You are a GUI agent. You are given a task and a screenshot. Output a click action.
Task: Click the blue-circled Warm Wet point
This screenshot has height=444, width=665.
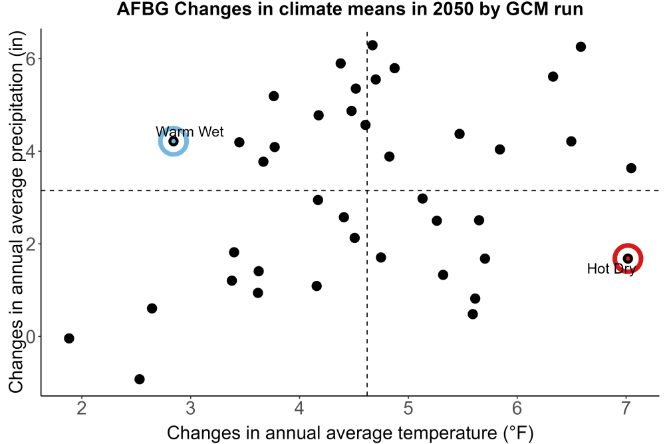pos(174,141)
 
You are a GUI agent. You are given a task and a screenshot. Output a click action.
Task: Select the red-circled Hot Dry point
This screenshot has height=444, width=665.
pos(628,258)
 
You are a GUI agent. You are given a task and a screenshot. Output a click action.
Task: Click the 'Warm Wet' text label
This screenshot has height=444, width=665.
pos(190,132)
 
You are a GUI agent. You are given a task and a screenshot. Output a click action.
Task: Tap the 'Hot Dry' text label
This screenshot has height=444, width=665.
pos(611,269)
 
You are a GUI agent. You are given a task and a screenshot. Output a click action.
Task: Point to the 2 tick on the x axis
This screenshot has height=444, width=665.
pos(81,408)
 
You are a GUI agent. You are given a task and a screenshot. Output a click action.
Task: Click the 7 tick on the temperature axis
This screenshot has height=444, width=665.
pos(626,408)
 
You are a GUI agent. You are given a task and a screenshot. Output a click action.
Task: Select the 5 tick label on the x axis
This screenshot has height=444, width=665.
pos(408,408)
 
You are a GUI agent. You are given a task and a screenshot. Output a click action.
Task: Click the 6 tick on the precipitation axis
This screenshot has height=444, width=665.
pos(31,59)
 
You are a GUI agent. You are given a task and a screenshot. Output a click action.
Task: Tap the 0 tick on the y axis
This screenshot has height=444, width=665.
pos(31,337)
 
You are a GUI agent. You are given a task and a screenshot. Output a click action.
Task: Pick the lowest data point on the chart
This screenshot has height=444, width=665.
pos(140,379)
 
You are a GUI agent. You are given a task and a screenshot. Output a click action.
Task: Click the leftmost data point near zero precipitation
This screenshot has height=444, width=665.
pos(69,338)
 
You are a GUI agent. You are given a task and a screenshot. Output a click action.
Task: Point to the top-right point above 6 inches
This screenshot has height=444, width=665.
pos(581,47)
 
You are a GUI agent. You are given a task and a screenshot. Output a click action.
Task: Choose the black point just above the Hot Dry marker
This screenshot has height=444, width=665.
pos(631,168)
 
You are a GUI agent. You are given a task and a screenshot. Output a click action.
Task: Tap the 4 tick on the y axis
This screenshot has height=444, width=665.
pos(31,152)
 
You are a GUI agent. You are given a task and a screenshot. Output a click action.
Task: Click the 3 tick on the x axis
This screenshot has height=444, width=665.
pos(190,408)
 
